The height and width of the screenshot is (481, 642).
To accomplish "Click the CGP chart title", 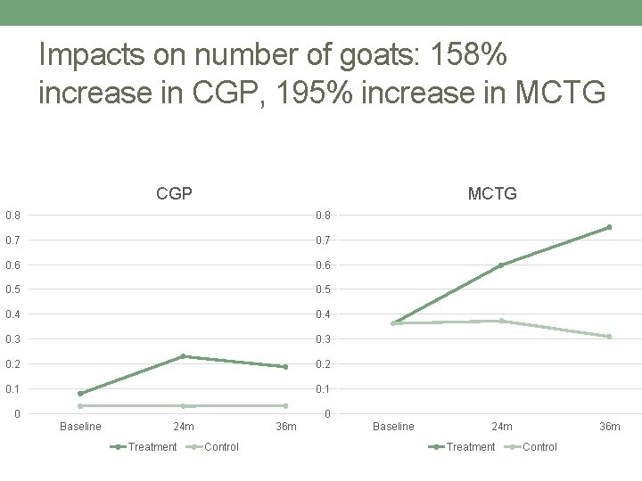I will tap(174, 192).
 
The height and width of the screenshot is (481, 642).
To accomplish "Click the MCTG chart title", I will tap(492, 192).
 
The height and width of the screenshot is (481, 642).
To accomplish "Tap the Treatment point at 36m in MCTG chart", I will tap(609, 227).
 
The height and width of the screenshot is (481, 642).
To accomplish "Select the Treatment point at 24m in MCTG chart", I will tap(501, 265).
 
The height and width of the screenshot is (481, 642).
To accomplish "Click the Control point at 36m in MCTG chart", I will tap(609, 337).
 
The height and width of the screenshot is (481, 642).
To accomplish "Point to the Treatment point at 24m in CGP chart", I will tap(183, 356).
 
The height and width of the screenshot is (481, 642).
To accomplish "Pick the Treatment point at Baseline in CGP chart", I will tap(80, 394).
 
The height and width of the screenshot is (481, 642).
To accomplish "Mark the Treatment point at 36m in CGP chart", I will tap(285, 366).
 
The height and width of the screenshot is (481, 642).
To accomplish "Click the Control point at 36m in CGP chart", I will tap(285, 406).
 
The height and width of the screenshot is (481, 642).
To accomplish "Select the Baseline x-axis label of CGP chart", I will tap(80, 427).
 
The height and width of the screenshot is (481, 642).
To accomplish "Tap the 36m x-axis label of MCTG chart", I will tap(609, 427).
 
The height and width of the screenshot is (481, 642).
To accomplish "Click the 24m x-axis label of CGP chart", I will tap(183, 427).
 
